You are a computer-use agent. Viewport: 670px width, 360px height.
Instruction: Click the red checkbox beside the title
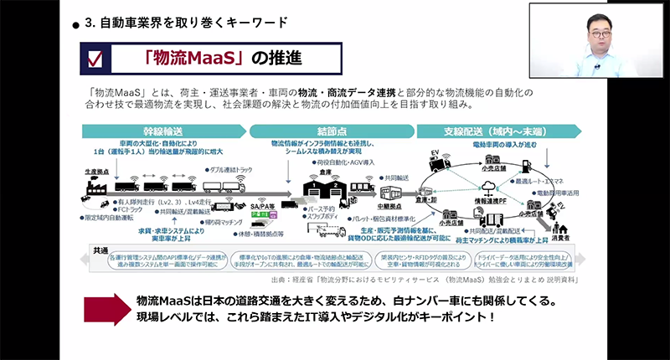point(94,59)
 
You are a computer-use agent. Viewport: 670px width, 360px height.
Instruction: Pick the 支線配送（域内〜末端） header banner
point(494,131)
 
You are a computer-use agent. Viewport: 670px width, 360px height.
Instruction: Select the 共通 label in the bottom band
point(98,249)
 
